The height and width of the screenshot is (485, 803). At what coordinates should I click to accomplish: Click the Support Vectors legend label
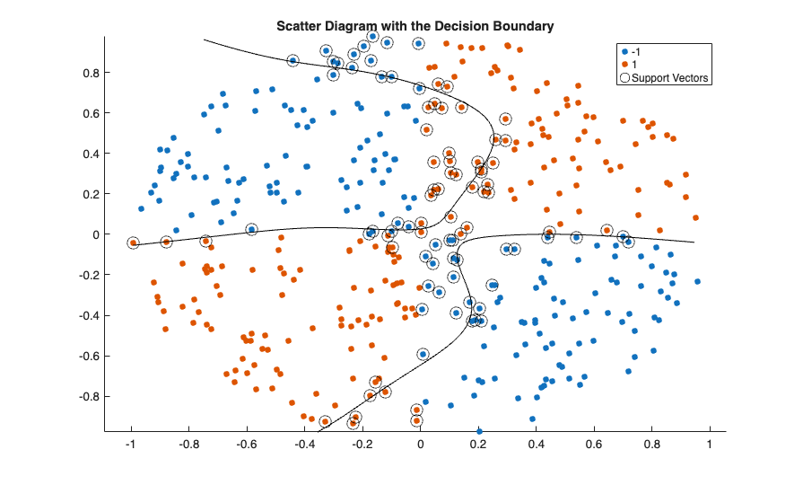(670, 78)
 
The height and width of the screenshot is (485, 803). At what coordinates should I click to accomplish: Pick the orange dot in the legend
(625, 66)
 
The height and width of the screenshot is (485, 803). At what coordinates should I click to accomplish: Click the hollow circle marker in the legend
(625, 78)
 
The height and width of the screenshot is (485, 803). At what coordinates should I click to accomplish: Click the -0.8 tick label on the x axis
(188, 444)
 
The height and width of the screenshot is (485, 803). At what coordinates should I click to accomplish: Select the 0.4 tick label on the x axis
(536, 444)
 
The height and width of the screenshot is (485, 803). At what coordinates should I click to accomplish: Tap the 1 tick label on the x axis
(709, 444)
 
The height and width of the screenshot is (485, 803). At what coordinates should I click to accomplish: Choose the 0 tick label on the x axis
(420, 444)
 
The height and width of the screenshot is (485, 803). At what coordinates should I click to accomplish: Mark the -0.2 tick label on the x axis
(362, 444)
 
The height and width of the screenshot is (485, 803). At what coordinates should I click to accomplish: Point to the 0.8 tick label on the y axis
(90, 73)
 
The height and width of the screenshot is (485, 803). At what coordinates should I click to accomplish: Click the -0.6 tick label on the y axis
(88, 356)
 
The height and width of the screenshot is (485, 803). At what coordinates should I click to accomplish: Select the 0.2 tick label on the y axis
(90, 194)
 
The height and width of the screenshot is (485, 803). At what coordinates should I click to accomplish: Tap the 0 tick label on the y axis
(94, 234)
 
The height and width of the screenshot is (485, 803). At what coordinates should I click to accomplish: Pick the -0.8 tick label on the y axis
(88, 396)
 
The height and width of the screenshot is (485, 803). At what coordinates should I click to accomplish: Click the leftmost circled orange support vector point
(134, 242)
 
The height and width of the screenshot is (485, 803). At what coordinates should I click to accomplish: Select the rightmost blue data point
(697, 282)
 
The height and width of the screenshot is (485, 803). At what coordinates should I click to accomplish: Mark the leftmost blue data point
(141, 209)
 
